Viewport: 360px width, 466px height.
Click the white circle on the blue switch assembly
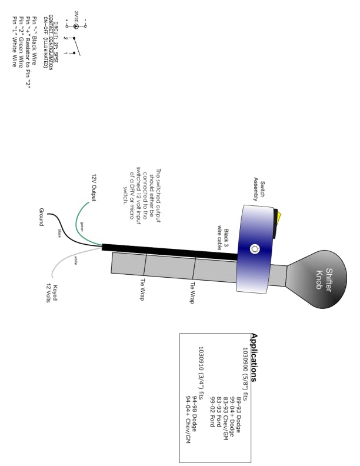pyautogui.click(x=255, y=249)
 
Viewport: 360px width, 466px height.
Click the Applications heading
pyautogui.click(x=254, y=357)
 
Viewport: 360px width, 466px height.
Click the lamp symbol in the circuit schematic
pyautogui.click(x=75, y=26)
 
